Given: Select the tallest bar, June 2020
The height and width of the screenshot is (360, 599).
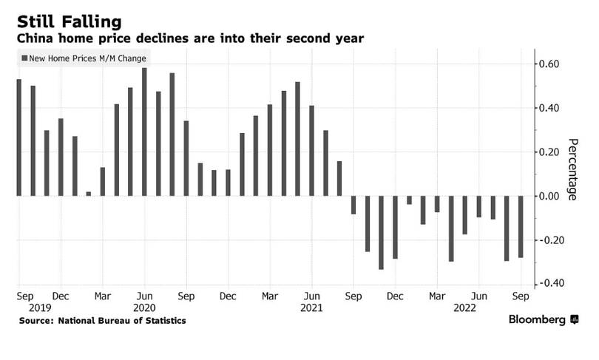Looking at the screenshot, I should pyautogui.click(x=144, y=132).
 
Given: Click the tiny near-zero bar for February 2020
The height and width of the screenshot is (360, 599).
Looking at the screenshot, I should pyautogui.click(x=89, y=194).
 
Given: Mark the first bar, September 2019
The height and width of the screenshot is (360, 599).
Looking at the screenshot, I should pyautogui.click(x=19, y=137).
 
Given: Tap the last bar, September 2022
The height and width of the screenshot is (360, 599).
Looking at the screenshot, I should pyautogui.click(x=521, y=226).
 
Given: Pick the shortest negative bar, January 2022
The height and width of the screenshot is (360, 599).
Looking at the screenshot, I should pyautogui.click(x=409, y=200).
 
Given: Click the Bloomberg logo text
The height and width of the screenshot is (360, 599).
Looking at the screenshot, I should pyautogui.click(x=537, y=320).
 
